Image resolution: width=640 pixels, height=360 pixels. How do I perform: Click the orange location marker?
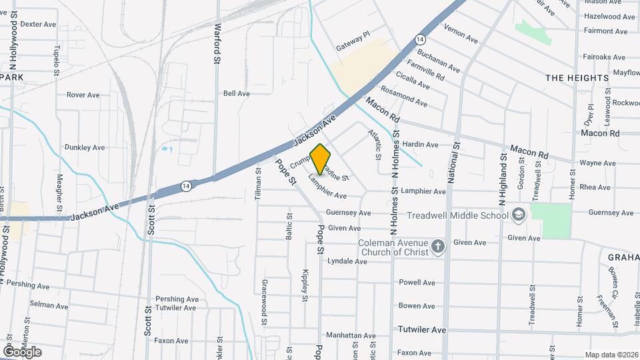point(321,159)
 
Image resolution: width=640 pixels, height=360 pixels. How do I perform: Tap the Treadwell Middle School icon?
point(520,215)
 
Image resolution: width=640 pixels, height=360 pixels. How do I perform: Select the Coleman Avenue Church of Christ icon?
point(438,247)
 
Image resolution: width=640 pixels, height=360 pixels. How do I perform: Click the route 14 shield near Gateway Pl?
point(420,39)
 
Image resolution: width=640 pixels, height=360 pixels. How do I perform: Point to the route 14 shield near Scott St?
point(189,186)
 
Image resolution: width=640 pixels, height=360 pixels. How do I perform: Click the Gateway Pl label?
point(353,34)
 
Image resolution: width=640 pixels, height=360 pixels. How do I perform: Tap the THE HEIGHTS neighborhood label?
point(577,78)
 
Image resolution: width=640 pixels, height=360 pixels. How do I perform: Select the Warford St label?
point(217,44)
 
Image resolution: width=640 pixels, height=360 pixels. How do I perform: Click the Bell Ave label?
point(237,94)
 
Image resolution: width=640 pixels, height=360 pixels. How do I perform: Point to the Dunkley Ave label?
point(85,147)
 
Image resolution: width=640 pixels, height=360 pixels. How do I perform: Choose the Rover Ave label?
point(83,95)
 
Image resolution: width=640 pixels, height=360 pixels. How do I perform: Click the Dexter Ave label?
point(38,24)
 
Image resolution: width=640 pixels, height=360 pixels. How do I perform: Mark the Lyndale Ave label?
point(347,261)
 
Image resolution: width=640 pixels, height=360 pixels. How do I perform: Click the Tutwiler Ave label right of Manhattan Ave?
point(421,330)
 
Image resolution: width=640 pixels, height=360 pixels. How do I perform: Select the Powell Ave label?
point(417,283)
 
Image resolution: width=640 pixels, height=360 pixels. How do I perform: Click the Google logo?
point(23,352)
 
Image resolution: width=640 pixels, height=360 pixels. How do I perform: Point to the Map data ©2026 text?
point(611,355)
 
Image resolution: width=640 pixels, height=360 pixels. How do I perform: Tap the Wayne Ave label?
point(597,163)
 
